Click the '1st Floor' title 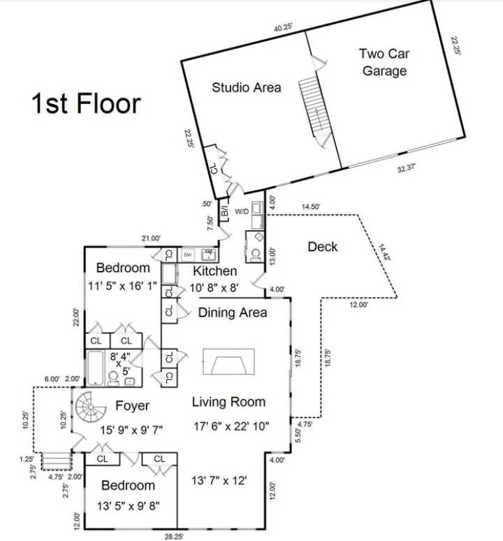86,103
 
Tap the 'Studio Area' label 247,87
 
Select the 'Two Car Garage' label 384,62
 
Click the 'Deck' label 322,246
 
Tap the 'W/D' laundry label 242,210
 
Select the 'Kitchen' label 215,271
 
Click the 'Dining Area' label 232,313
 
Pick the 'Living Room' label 229,401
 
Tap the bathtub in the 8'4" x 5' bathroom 94,367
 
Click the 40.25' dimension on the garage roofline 283,27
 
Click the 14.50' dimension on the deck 312,207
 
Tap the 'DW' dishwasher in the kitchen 188,255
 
